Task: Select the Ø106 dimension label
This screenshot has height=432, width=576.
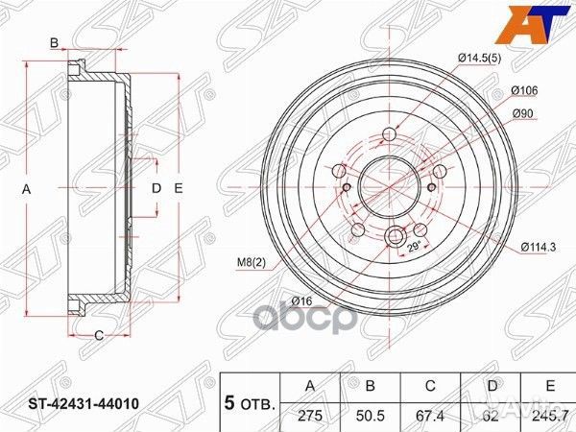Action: click(523, 90)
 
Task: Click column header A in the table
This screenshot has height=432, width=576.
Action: click(310, 386)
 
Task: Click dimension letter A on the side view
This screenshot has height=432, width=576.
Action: click(28, 190)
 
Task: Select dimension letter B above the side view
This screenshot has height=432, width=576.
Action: click(56, 42)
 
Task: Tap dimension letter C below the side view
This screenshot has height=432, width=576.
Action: click(98, 334)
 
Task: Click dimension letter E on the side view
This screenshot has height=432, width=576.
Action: click(178, 190)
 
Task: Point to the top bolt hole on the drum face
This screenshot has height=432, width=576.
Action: click(389, 134)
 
